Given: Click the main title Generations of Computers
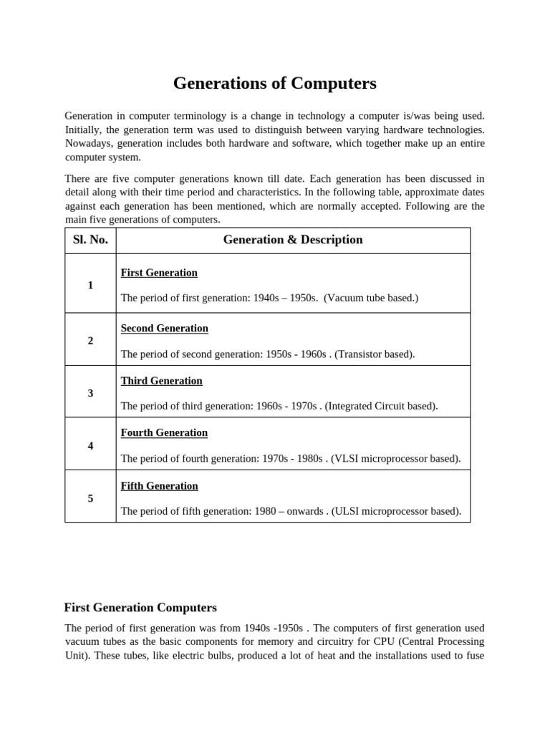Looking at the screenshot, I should coord(274,84).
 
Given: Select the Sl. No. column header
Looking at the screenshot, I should coord(90,240).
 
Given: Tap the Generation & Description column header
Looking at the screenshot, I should coord(293,240).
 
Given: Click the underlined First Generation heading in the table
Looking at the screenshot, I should coord(159,273).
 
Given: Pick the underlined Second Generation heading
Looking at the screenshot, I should coord(164,329).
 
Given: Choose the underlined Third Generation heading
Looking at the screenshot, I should coord(161,381).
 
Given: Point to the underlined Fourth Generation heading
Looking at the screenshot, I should coord(164,433).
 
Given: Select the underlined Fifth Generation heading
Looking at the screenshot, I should coord(159,486).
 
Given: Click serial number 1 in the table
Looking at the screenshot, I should coord(90,285).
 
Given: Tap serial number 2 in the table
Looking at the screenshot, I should coord(90,341).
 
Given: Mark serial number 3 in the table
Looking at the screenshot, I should coord(90,393).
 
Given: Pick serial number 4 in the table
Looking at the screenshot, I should coord(90,445).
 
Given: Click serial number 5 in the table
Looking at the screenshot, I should coord(90,498).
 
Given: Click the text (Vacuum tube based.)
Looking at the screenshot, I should coord(370,298).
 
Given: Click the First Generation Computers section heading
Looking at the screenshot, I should coord(140,608).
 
